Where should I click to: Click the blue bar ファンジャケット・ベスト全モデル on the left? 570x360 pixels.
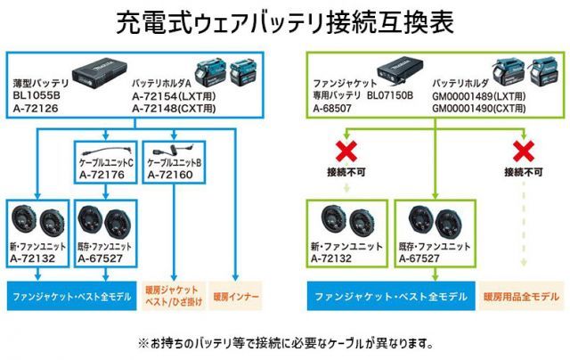(68, 293)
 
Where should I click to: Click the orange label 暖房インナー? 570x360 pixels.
(236, 293)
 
